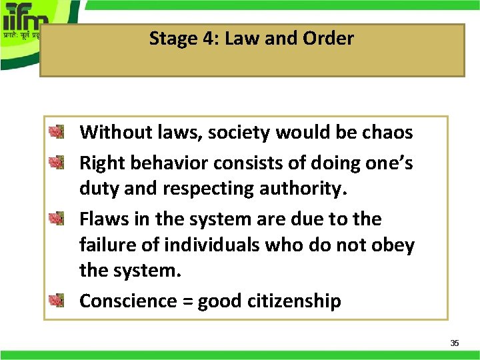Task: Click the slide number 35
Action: (x=455, y=343)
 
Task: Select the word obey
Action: (x=393, y=246)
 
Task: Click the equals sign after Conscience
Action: (x=187, y=301)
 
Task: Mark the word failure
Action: (x=108, y=245)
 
